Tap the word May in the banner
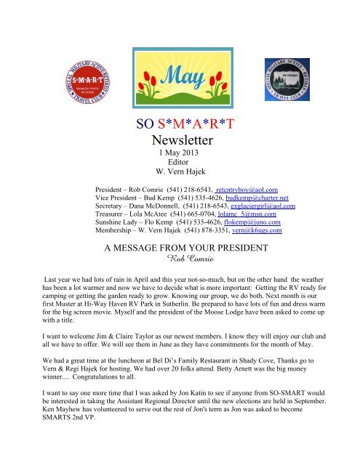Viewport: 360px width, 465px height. click(x=180, y=54)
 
